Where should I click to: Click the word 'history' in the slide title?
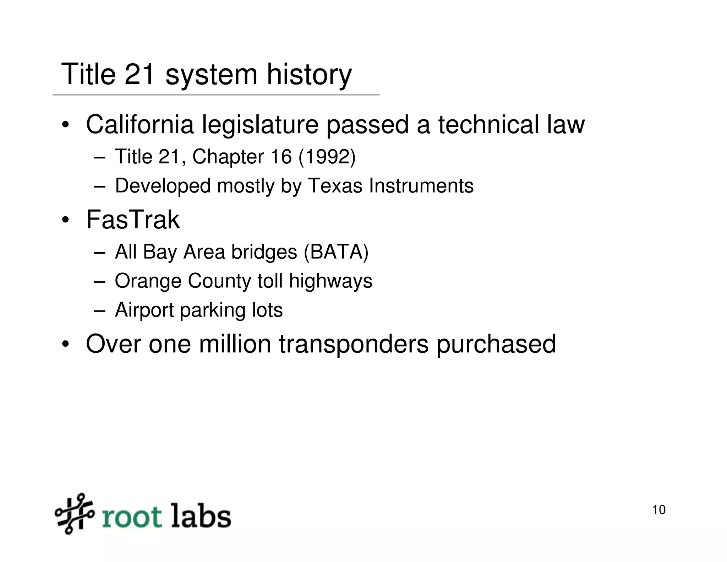(x=309, y=75)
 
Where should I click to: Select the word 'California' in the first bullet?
(x=140, y=125)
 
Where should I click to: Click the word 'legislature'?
(x=260, y=125)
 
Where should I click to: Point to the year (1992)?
(x=327, y=157)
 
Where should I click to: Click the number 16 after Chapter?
(x=281, y=157)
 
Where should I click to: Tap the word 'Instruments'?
(x=421, y=186)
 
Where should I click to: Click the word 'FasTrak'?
(x=133, y=220)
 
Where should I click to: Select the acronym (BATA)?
(x=336, y=252)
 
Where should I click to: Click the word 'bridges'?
(x=264, y=252)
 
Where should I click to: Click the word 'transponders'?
(x=354, y=345)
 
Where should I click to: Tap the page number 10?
(x=658, y=510)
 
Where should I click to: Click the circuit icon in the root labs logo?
(x=74, y=514)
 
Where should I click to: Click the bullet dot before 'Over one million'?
(x=65, y=345)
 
